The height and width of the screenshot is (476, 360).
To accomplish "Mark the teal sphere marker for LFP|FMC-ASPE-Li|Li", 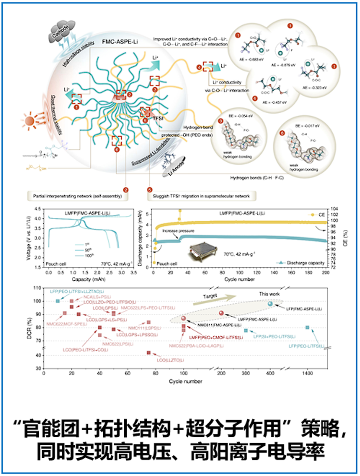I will (270, 304).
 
